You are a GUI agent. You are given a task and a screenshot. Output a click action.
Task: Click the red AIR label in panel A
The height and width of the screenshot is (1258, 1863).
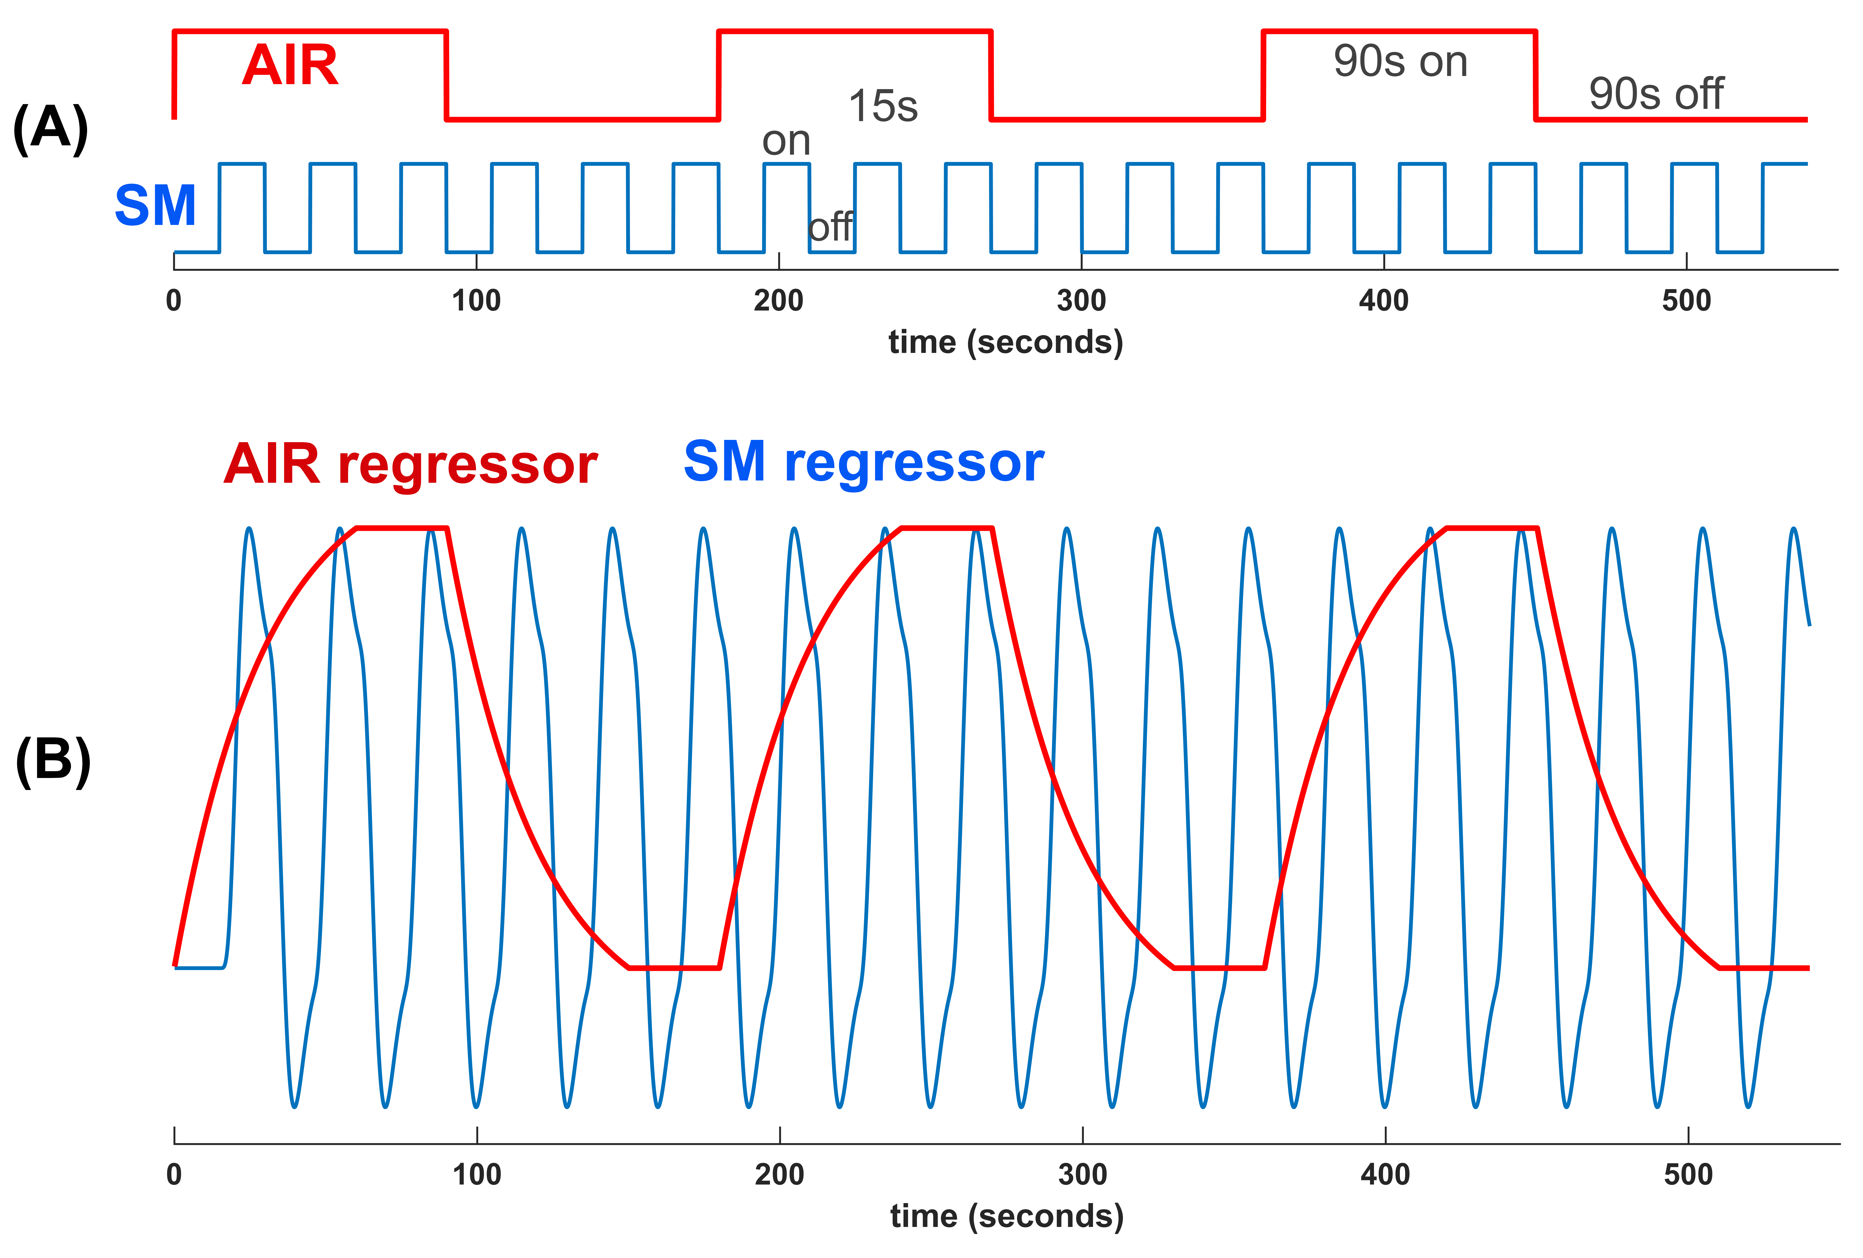coord(290,66)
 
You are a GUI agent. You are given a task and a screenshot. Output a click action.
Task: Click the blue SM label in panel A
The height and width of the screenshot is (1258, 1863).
coord(155,206)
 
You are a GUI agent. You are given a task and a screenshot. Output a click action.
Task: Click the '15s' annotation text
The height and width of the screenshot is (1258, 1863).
coord(883,107)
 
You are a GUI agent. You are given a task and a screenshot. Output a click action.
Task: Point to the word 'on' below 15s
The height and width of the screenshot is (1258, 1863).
coord(786,142)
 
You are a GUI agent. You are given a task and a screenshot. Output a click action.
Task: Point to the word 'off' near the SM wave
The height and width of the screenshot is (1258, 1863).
coord(831,228)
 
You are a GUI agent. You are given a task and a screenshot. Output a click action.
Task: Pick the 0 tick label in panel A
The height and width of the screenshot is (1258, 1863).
coord(174,302)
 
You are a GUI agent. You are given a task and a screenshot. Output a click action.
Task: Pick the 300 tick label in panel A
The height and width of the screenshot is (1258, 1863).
coord(1081,302)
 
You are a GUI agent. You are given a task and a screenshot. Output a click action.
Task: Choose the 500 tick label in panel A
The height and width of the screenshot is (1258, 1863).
coord(1687,302)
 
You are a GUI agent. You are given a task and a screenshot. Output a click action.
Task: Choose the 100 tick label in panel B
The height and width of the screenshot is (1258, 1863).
coord(477,1175)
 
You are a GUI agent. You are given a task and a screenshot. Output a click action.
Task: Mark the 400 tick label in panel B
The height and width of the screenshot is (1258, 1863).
coord(1385,1175)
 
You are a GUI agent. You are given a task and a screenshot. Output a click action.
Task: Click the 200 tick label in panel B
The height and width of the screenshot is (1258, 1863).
coord(779,1175)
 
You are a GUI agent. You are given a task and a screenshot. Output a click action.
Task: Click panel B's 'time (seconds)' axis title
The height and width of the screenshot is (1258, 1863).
coord(1007,1217)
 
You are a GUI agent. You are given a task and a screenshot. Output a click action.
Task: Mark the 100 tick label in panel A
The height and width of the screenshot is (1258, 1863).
coord(476,302)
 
